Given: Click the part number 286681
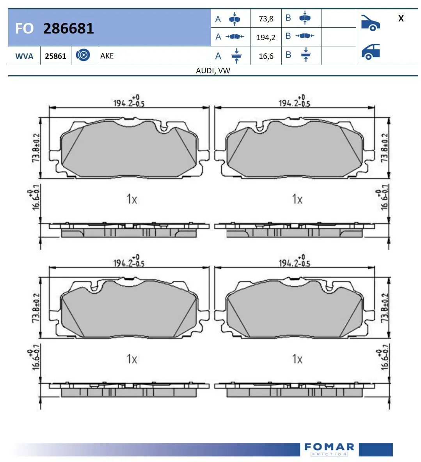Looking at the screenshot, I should (x=68, y=28).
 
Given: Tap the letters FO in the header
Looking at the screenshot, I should (x=24, y=28).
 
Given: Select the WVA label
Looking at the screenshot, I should (x=24, y=56).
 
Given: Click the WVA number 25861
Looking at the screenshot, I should (x=55, y=56).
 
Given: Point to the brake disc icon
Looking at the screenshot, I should (x=83, y=55).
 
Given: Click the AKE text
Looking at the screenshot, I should (x=107, y=56).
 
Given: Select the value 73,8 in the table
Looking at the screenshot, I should (x=266, y=19).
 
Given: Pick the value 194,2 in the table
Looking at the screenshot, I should (x=266, y=37).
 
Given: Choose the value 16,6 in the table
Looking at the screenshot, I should (x=266, y=56).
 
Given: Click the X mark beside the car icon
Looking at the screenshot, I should (x=401, y=18).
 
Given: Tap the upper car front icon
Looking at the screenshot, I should (x=370, y=23).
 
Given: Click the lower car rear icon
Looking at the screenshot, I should (x=370, y=51).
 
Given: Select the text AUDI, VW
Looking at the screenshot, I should (x=213, y=71).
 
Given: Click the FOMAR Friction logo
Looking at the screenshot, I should (x=329, y=449).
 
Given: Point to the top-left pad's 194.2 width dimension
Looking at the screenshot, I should (x=129, y=102).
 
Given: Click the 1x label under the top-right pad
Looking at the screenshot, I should (x=297, y=199).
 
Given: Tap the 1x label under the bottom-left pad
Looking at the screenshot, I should (x=132, y=359).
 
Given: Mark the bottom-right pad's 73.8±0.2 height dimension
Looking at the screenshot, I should (x=385, y=308).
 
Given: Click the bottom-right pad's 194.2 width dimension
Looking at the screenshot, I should (x=294, y=262).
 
